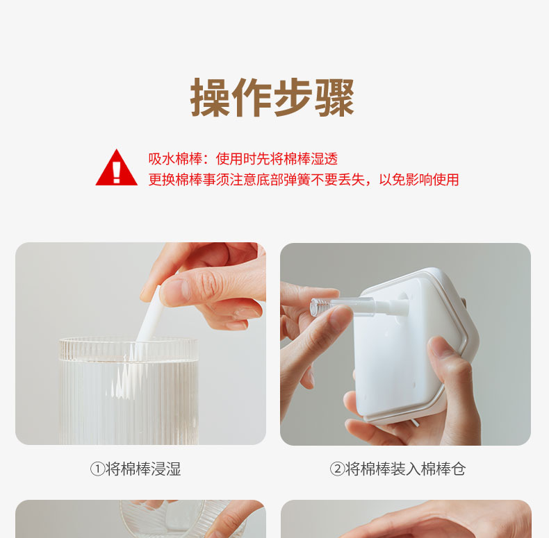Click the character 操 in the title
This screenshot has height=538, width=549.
(210, 97)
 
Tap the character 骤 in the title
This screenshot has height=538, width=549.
(335, 97)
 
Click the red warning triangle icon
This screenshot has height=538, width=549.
(116, 167)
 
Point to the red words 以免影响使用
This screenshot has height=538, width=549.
(419, 180)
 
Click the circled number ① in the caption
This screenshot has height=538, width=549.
(97, 469)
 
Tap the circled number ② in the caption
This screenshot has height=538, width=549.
(337, 469)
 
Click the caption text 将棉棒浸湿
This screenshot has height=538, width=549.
(143, 469)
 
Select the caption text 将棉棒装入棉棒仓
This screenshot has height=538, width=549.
(405, 469)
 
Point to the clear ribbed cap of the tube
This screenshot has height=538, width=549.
(320, 308)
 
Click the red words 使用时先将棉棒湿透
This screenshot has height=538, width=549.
(277, 159)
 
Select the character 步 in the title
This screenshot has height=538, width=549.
(293, 97)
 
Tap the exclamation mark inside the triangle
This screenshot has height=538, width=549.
(117, 171)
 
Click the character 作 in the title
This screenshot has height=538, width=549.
(252, 97)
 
